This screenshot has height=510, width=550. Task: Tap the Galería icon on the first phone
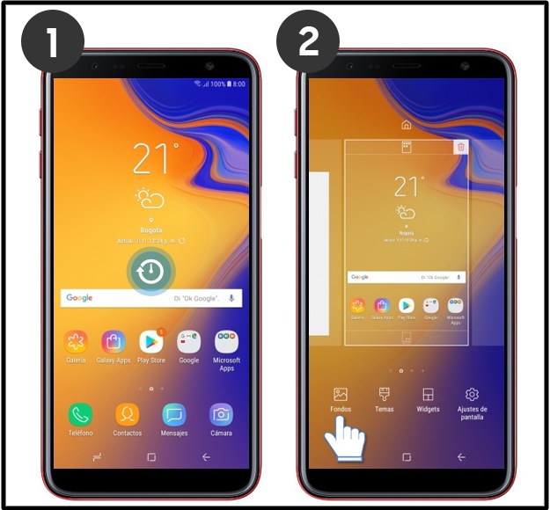(76, 342)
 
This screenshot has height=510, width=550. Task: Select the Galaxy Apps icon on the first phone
(113, 342)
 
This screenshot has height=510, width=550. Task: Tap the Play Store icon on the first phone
(151, 342)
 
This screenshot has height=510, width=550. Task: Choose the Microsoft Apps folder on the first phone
(226, 342)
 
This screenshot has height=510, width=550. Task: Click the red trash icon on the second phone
(460, 148)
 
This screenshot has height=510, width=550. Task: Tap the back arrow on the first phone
(206, 457)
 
